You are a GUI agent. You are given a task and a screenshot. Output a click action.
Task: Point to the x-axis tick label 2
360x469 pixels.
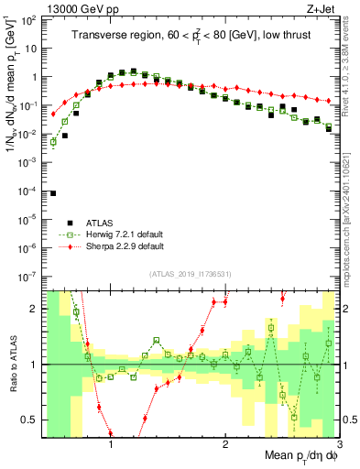pos(225,445)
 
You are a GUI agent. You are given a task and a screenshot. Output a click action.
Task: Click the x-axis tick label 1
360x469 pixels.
pos(111,445)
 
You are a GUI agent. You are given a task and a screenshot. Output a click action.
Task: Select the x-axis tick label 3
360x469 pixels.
pos(338,445)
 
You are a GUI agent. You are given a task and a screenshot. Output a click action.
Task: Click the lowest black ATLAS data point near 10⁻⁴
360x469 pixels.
pos(53,193)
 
